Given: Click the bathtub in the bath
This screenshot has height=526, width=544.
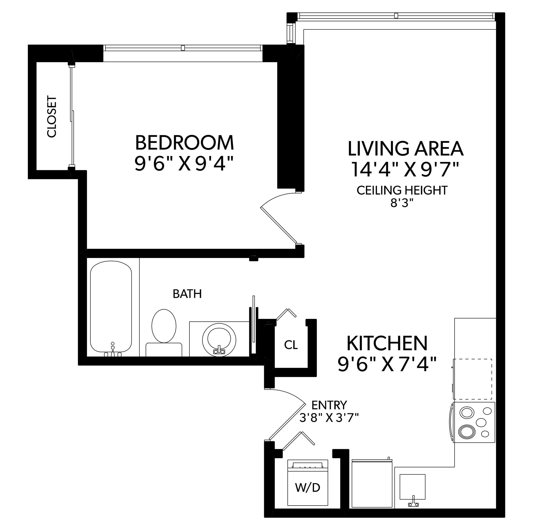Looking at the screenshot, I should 111,306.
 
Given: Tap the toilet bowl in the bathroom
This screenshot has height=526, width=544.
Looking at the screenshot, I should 164,326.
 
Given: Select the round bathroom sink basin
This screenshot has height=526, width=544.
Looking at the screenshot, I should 219,340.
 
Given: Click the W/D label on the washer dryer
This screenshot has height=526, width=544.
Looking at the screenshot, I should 307,488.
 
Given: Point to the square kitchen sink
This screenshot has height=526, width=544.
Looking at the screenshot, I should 412,487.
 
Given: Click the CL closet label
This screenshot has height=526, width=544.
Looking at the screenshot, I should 291,345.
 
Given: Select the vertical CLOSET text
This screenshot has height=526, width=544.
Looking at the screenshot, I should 52,116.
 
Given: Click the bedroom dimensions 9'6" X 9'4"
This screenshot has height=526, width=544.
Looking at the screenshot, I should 183,163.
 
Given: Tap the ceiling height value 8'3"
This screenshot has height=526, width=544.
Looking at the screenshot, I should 402,203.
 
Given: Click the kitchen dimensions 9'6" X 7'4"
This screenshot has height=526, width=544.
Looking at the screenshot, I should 387,364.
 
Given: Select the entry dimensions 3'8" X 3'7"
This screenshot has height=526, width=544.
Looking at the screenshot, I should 329,418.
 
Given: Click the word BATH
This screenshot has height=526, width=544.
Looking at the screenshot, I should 187,293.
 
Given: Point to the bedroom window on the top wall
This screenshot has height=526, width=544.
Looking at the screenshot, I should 183,48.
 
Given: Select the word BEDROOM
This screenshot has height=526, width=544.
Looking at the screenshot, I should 185,143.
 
